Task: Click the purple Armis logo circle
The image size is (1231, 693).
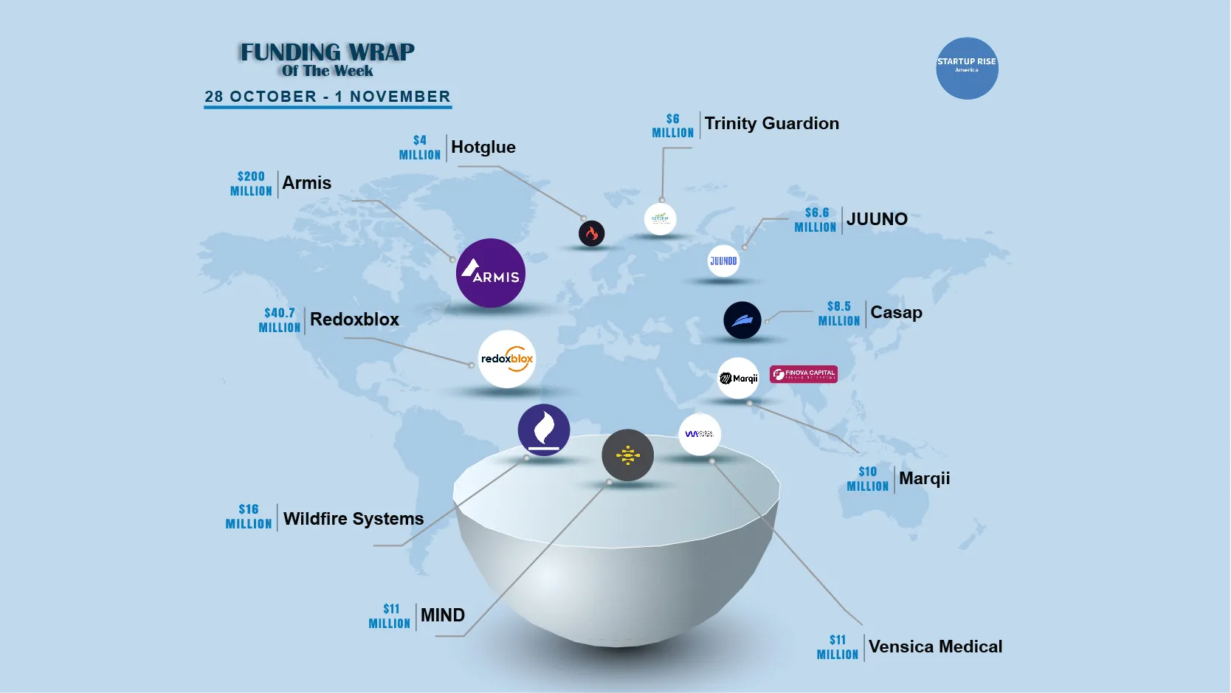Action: coord(491,273)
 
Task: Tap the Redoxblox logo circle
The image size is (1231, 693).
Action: coord(506,359)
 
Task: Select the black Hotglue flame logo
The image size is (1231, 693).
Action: coord(591,234)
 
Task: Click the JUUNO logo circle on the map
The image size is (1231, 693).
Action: coord(723,261)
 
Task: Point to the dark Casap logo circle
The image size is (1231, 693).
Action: coord(742,320)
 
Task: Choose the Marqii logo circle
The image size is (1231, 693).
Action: coord(738,378)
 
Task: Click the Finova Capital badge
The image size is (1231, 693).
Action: coord(803,374)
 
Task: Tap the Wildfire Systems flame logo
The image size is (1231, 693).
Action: coord(544,430)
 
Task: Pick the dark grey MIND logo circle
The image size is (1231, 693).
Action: coord(627,455)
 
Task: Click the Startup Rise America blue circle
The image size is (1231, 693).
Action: coord(967,68)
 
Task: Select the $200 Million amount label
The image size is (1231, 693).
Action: coord(251,184)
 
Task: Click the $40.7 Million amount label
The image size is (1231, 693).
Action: coord(280,320)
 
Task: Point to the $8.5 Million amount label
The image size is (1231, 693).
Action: coord(839,314)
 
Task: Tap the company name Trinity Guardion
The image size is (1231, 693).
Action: coord(771,123)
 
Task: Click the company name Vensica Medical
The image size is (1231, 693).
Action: coord(935,647)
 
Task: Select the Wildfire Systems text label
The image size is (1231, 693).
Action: coord(354,519)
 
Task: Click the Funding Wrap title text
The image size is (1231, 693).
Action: coord(327,53)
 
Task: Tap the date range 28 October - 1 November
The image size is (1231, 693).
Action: coord(328,97)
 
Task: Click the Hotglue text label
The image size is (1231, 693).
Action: coord(483,147)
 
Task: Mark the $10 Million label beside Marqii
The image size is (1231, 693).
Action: coord(868,479)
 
